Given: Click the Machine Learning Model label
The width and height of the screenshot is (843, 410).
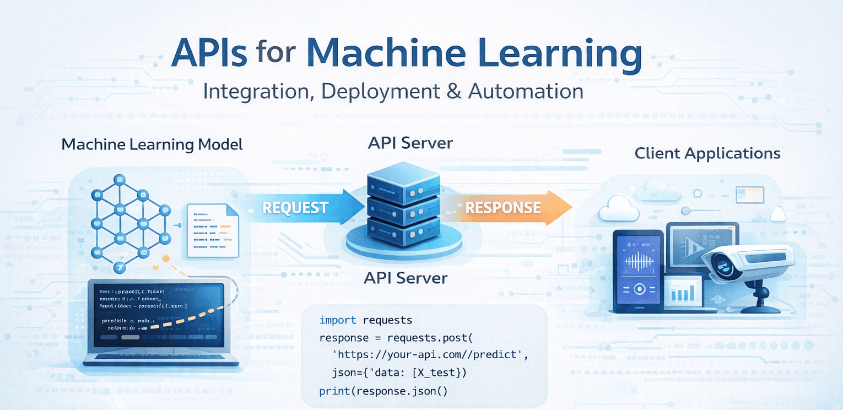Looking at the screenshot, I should point(152,145).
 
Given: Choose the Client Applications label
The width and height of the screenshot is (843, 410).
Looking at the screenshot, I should point(707,153).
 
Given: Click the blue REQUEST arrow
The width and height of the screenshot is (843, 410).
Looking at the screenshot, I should point(298,208).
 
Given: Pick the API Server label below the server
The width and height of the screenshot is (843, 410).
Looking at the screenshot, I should point(406,278).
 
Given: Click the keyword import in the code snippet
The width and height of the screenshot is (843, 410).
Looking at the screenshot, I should point(337,320).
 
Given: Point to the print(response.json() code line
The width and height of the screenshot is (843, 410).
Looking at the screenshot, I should point(383,391).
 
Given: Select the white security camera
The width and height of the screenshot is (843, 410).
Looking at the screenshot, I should point(749,262).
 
